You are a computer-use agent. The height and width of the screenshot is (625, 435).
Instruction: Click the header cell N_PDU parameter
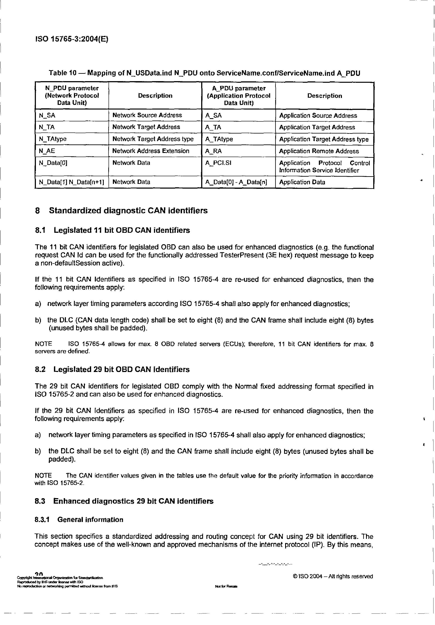(x=72, y=95)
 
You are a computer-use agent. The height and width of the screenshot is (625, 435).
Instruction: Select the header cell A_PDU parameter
(x=238, y=96)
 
